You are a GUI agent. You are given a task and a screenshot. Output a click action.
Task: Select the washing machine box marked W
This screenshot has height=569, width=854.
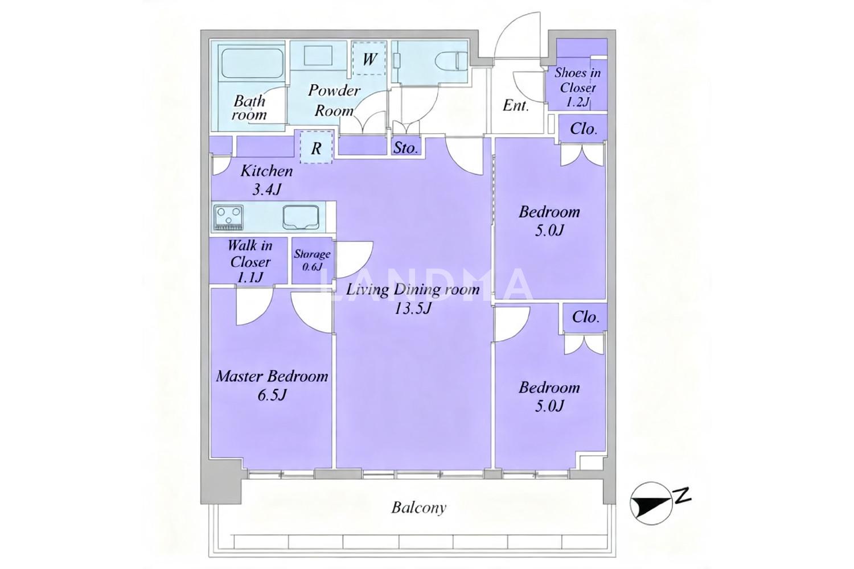coord(369,58)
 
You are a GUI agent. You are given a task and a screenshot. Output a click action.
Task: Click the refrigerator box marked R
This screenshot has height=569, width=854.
coord(316,147)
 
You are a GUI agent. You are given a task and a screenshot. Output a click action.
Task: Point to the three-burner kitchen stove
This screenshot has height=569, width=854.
coord(229,217)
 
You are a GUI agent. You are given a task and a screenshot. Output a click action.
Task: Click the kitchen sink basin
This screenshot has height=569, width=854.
coord(301,217)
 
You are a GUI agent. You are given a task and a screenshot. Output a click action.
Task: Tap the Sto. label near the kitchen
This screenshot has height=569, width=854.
coord(405,147)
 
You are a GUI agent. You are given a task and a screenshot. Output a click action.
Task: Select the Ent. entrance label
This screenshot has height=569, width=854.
coord(516,105)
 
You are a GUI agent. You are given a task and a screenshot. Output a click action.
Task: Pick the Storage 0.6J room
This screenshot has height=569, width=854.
coord(312,260)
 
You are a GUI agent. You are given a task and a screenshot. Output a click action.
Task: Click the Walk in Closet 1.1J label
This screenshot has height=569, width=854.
coord(250,261)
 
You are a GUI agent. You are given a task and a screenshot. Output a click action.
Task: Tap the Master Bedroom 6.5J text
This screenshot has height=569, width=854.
coord(272,385)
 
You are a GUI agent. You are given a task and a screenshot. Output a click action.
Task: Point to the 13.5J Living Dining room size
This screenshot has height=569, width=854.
coord(413,308)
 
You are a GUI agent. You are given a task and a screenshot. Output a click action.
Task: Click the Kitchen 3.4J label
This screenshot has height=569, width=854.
coord(266,180)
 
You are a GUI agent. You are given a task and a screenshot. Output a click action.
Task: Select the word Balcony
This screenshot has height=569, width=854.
coord(418,508)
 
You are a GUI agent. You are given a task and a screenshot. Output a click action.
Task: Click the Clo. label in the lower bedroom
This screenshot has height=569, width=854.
coord(585,317)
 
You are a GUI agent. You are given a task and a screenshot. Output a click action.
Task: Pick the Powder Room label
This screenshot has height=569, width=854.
coord(334,100)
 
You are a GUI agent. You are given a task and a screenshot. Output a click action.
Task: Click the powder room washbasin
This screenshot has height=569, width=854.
coord(319,57)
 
